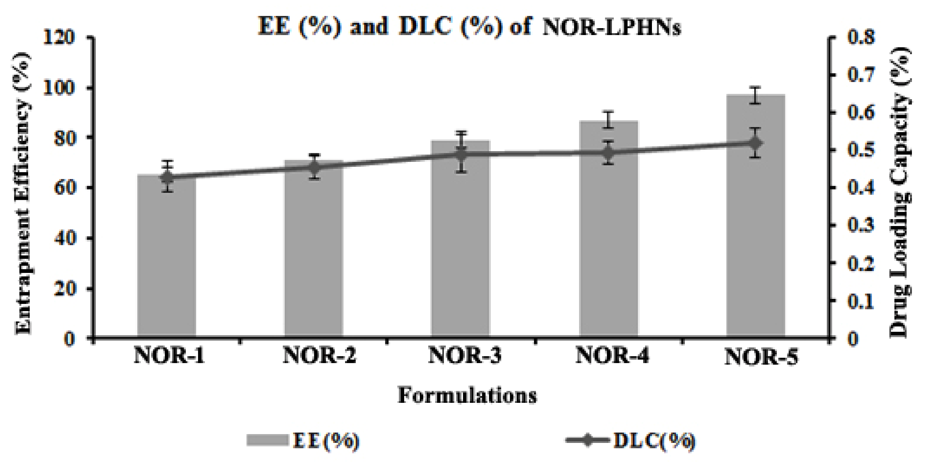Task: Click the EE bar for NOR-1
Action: (167, 259)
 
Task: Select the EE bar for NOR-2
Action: (314, 252)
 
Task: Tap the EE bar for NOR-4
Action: (608, 230)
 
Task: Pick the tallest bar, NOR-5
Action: (756, 216)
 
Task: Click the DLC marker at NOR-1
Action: (167, 178)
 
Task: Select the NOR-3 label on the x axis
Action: (465, 356)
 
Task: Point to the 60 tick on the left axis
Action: (65, 188)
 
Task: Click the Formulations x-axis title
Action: (467, 396)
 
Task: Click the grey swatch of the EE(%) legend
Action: (267, 440)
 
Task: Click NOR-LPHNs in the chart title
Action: (611, 28)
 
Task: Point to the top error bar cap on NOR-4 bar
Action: (608, 112)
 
